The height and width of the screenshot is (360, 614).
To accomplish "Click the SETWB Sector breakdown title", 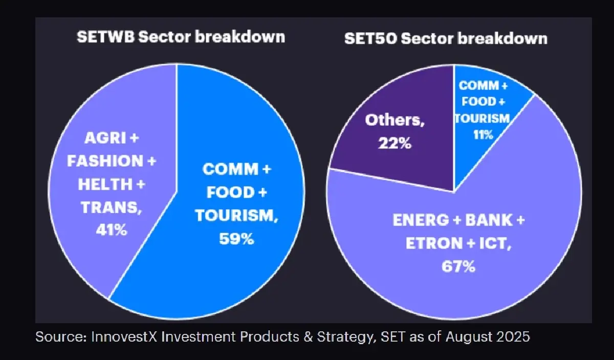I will coord(181,37).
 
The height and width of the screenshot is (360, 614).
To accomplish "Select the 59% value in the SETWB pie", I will coord(237,238).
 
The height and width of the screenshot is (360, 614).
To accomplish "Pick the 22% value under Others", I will coord(395,144).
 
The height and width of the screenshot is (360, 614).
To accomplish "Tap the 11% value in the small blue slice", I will coord(484,134).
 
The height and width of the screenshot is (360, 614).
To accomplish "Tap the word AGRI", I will coord(102,138).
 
